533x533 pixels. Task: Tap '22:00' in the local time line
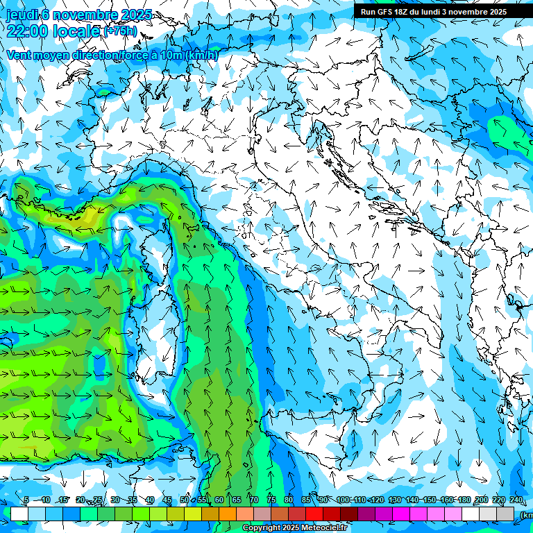(x=27, y=30)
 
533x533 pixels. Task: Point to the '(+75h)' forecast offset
(x=119, y=31)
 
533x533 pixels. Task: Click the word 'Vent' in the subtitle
(x=20, y=55)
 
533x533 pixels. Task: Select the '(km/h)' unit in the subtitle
(x=201, y=55)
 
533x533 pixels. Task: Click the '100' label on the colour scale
(x=343, y=500)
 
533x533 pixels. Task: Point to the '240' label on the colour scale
(x=516, y=500)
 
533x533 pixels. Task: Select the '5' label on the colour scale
(x=26, y=500)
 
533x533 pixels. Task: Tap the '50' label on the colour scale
(x=185, y=500)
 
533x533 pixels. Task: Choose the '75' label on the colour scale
(x=271, y=500)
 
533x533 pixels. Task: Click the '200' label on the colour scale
(x=482, y=500)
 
